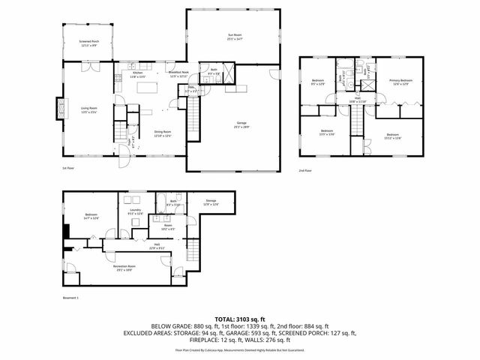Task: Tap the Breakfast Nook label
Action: click(x=178, y=74)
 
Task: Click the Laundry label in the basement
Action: click(x=135, y=212)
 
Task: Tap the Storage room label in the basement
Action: click(x=211, y=202)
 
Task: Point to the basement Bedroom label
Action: click(x=91, y=217)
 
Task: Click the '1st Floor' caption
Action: click(x=67, y=168)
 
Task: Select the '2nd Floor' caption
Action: click(x=304, y=170)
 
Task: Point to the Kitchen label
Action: click(x=138, y=74)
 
